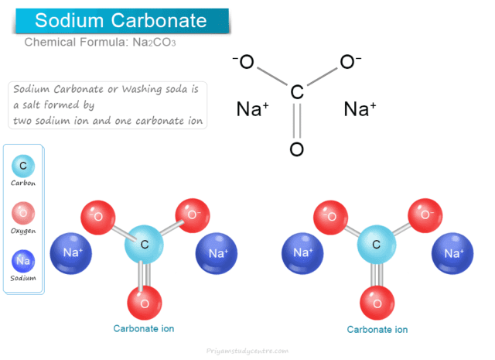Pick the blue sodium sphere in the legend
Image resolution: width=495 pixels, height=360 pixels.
click(x=23, y=261)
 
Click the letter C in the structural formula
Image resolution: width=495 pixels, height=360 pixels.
click(x=296, y=94)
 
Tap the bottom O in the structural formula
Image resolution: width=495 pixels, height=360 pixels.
click(x=296, y=149)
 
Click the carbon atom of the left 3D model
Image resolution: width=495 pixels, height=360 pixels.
click(x=145, y=245)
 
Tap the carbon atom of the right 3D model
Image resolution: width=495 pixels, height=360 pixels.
click(x=377, y=245)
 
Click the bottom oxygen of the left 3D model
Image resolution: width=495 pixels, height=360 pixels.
click(x=145, y=301)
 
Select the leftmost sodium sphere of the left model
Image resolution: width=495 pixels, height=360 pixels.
click(x=71, y=253)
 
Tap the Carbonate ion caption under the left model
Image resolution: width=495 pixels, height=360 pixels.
click(x=144, y=328)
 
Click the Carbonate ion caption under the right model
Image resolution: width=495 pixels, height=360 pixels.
click(x=377, y=329)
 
